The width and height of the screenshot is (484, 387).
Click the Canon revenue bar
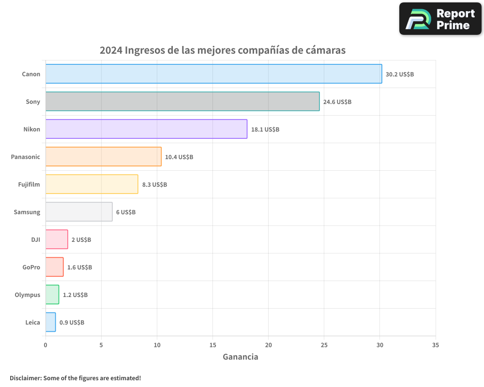pyautogui.click(x=213, y=74)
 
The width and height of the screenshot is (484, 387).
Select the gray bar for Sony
pyautogui.click(x=182, y=102)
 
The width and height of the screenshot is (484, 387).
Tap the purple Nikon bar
pyautogui.click(x=146, y=129)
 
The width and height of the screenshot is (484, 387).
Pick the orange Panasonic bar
pyautogui.click(x=104, y=157)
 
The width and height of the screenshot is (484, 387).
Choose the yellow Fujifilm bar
pyautogui.click(x=92, y=184)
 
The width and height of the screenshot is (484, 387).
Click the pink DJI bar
pyautogui.click(x=57, y=239)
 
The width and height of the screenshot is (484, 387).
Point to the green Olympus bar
pyautogui.click(x=52, y=295)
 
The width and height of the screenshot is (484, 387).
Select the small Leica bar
pyautogui.click(x=50, y=322)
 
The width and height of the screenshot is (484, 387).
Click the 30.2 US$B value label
pyautogui.click(x=400, y=74)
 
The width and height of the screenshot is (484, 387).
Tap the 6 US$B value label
pyautogui.click(x=126, y=212)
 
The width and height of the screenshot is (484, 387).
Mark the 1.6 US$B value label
pyautogui.click(x=79, y=268)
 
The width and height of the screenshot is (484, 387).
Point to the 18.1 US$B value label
pyautogui.click(x=265, y=130)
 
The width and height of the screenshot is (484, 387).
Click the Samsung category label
pyautogui.click(x=27, y=212)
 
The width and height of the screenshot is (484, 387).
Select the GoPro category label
pyautogui.click(x=31, y=267)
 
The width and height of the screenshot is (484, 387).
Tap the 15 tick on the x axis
pyautogui.click(x=212, y=345)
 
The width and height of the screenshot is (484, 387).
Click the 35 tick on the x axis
pyautogui.click(x=436, y=345)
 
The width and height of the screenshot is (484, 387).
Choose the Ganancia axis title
pyautogui.click(x=241, y=357)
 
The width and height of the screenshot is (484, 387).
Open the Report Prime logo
pyautogui.click(x=440, y=19)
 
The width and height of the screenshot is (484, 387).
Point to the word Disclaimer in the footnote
pyautogui.click(x=25, y=378)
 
